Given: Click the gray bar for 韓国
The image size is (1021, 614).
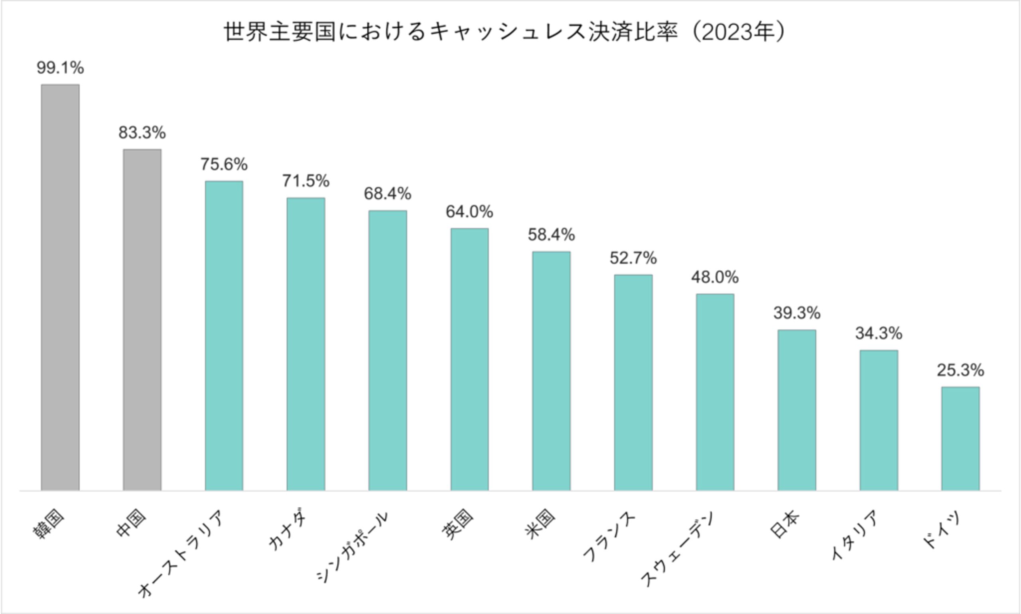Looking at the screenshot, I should click(60, 287).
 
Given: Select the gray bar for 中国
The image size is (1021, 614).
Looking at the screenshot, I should click(142, 319).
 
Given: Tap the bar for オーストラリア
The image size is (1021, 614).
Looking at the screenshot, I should click(224, 336).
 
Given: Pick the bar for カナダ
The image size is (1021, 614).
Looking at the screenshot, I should click(306, 344).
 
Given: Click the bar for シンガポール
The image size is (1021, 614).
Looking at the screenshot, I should click(388, 350).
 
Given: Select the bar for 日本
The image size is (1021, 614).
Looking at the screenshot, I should click(797, 410).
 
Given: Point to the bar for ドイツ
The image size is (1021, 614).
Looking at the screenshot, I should click(960, 439).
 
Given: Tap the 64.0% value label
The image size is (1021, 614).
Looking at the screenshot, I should click(469, 212).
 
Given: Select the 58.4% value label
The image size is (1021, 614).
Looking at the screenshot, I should click(551, 235).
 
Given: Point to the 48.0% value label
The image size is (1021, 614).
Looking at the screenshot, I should click(715, 277).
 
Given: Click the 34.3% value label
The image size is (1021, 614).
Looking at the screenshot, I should click(879, 333).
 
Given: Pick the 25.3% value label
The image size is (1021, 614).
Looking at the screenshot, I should click(960, 370).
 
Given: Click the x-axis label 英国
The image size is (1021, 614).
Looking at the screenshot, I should click(458, 524).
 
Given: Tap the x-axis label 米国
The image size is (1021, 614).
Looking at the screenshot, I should click(540, 524).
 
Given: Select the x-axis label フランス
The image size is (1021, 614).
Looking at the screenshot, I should click(608, 536).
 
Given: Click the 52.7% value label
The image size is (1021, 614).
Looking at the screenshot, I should click(633, 258).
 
